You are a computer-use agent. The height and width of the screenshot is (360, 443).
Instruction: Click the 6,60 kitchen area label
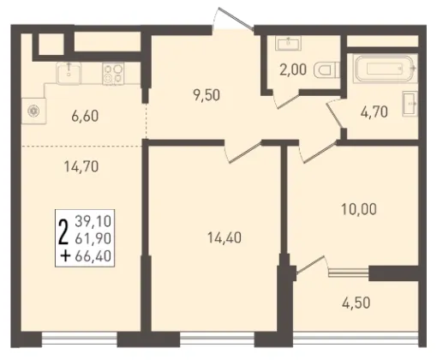[85, 117]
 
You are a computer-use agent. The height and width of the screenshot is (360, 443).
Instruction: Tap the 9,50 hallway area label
[207, 95]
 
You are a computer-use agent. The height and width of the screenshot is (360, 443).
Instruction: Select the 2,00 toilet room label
[293, 69]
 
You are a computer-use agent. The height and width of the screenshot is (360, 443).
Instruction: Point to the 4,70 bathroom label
[374, 111]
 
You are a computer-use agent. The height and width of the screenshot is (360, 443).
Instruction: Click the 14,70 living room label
[81, 166]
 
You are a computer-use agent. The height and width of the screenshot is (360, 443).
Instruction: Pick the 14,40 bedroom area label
[224, 237]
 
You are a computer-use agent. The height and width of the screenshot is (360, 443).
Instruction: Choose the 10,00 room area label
[359, 209]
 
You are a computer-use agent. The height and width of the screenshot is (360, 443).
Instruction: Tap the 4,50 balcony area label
[356, 303]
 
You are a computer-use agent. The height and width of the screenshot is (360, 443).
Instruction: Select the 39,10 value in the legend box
[93, 221]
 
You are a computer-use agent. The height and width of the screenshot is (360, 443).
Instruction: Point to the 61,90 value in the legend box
[93, 238]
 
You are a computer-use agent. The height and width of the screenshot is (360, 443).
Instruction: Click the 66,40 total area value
[93, 256]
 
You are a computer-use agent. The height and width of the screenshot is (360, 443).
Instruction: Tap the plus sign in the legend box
[65, 256]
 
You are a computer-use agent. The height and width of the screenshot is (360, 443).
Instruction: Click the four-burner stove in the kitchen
[113, 74]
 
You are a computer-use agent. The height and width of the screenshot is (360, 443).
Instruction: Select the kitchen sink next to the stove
[69, 73]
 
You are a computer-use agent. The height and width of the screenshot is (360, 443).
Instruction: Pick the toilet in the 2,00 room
[326, 70]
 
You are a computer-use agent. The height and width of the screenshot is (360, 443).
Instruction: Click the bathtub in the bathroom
[385, 69]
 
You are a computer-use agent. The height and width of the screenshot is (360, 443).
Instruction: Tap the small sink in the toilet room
[288, 43]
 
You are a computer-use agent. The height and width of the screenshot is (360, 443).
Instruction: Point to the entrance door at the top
[233, 19]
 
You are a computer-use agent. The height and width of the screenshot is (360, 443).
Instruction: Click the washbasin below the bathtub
[410, 104]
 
